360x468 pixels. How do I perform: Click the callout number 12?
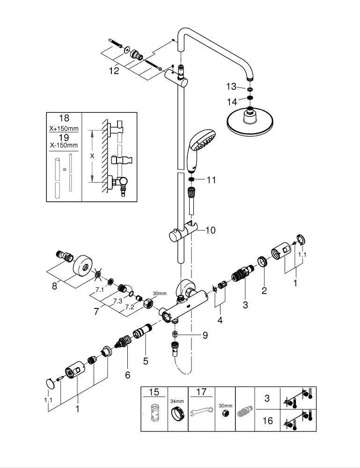[x=114, y=71]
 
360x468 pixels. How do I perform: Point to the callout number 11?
[x=211, y=180]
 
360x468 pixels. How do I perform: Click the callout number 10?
[x=210, y=230]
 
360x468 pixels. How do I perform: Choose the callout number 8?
[x=54, y=286]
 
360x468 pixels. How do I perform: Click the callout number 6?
[x=128, y=375]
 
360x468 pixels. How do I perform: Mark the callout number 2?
[x=264, y=291]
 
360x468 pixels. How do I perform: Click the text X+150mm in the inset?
[x=64, y=128]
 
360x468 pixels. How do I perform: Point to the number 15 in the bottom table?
[x=154, y=392]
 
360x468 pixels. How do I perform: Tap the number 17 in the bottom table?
[x=201, y=392]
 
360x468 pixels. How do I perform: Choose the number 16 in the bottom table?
[x=267, y=421]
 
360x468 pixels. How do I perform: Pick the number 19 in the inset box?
[x=64, y=137]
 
